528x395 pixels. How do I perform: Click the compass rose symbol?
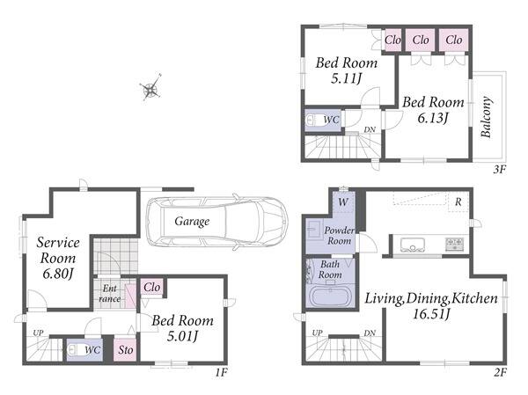point(150,88)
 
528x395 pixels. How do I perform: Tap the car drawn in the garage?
point(217,222)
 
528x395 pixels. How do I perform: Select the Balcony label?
point(487,117)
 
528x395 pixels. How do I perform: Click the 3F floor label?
point(499,169)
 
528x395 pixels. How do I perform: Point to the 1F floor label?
point(221,373)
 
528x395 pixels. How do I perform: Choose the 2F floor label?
point(501,373)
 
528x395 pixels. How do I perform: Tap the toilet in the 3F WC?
point(314,120)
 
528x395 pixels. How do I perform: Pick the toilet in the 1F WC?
point(75,350)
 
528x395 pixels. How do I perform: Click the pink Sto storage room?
point(125,349)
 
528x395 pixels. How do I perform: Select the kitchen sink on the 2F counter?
point(413,245)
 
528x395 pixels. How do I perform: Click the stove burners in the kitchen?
point(455,244)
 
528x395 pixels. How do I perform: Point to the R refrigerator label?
point(458,201)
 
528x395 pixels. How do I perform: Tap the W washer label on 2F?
point(343,202)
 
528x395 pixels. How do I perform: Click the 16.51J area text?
point(431,314)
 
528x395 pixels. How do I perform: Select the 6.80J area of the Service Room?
point(58,274)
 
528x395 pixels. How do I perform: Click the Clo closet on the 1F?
point(151,288)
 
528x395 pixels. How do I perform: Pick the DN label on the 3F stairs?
point(370,129)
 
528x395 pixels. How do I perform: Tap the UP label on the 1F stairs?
point(38,333)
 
